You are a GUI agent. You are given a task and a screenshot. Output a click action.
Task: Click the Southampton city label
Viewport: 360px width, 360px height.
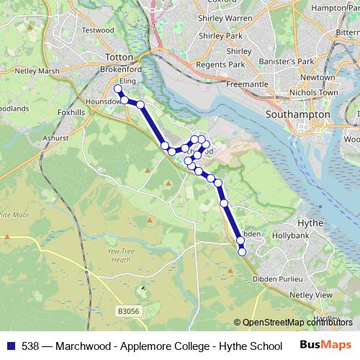click(x=297, y=114)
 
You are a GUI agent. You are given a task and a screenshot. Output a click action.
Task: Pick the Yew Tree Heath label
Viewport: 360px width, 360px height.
click(x=125, y=255)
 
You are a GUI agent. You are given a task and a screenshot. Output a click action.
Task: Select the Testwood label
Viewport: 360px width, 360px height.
click(x=98, y=30)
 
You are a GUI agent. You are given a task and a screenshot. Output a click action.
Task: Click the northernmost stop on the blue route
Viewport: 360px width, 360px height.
click(x=118, y=89)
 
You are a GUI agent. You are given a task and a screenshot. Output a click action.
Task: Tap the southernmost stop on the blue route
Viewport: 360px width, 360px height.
click(x=242, y=251)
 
